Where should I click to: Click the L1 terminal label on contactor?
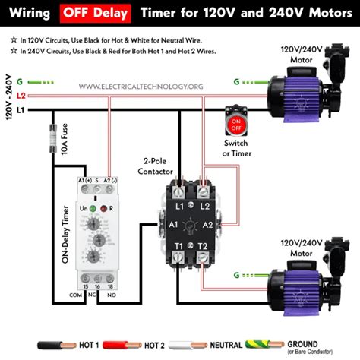(181, 206)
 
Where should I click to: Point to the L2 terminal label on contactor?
(204, 206)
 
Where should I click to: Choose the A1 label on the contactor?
(172, 225)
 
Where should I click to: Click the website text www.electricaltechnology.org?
(141, 87)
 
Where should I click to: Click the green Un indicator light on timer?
(92, 207)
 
